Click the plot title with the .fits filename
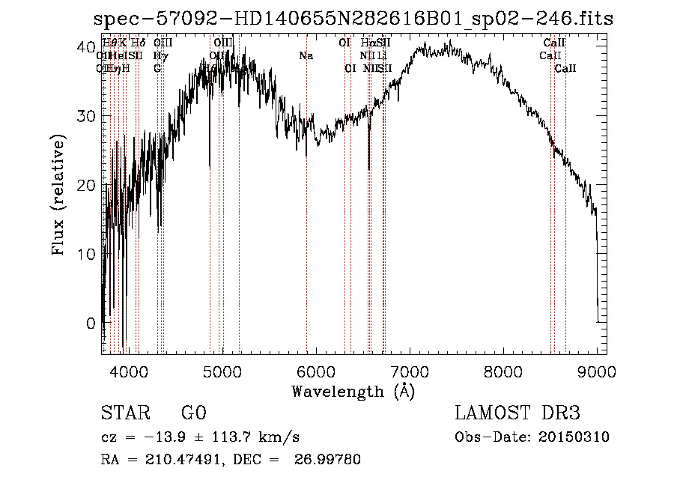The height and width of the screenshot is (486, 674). tap(352, 19)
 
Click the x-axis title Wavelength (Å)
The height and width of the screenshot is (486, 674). tap(353, 391)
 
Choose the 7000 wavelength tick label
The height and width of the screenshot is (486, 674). tap(410, 371)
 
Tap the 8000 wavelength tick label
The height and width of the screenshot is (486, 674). tap(503, 371)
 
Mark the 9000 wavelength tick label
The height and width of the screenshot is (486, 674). tap(597, 371)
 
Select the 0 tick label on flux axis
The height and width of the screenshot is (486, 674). tap(91, 324)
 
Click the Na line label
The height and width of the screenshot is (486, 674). tap(306, 55)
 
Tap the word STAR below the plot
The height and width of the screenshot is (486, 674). tap(125, 413)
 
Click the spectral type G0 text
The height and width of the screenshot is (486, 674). tap(193, 413)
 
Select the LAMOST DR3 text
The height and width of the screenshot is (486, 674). tap(517, 413)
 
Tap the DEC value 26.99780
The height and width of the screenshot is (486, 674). tap(330, 460)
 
